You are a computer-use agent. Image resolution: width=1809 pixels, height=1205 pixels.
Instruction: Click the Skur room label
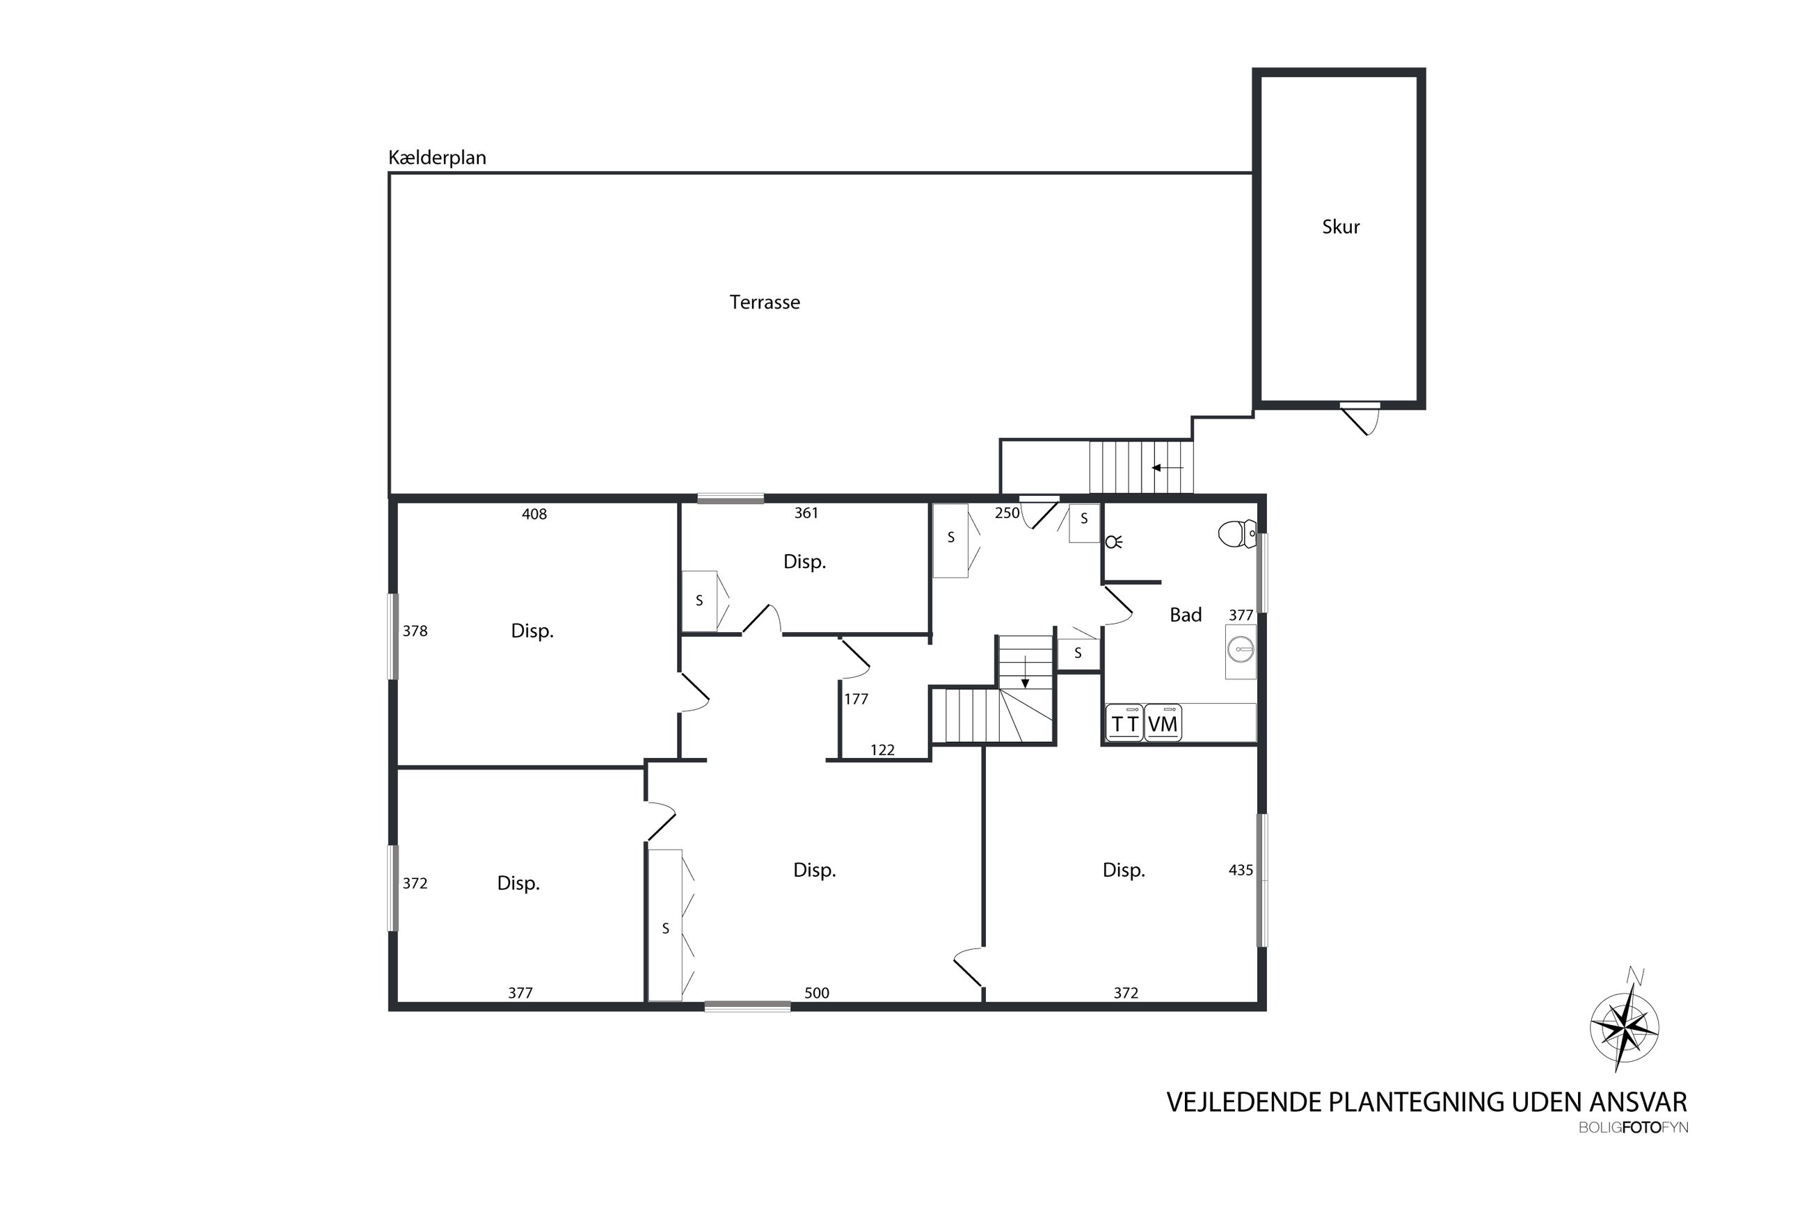(1340, 227)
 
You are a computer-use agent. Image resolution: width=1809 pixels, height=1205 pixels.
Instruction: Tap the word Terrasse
(764, 302)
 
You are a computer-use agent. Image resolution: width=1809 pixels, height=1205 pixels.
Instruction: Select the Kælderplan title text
(437, 159)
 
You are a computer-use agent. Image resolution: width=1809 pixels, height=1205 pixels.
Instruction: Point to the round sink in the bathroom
(1241, 650)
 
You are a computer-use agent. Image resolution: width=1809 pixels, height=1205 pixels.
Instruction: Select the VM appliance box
(1163, 723)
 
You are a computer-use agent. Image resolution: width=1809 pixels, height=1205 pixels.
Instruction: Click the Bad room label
(1185, 615)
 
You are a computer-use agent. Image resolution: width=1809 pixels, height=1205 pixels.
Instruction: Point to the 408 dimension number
(534, 514)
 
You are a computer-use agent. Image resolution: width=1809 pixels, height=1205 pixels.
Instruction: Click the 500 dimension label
(816, 993)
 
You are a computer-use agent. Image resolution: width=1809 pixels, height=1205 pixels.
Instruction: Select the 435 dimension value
(1241, 870)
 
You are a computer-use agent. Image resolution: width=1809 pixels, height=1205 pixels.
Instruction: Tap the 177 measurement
(856, 699)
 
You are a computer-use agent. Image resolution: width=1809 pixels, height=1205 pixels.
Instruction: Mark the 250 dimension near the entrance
(1007, 512)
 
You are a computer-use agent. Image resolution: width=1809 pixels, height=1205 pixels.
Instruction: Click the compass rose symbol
(1624, 1027)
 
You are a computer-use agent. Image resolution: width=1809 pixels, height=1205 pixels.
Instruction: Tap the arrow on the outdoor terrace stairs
(1167, 467)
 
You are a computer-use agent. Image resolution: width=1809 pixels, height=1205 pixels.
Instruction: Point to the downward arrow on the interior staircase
(1025, 672)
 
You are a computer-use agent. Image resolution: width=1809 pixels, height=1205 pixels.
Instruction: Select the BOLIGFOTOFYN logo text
(1634, 1128)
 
